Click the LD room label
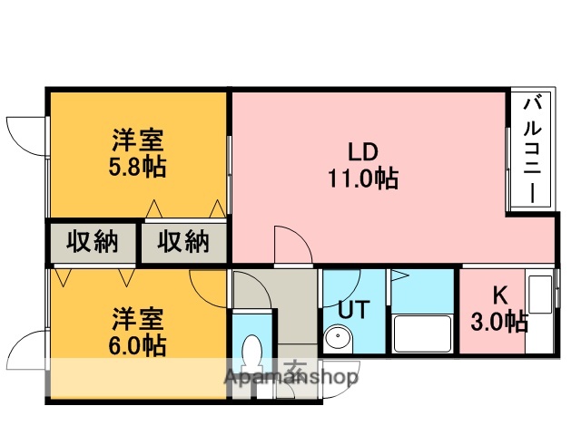coord(363,151)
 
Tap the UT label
coord(352,309)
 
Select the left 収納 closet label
coord(92,242)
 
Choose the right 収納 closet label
coord(183,242)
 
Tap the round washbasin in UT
coord(337,339)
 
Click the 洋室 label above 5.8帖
coord(138,141)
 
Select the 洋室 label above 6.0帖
coord(138,319)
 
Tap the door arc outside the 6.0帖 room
coord(25,346)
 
